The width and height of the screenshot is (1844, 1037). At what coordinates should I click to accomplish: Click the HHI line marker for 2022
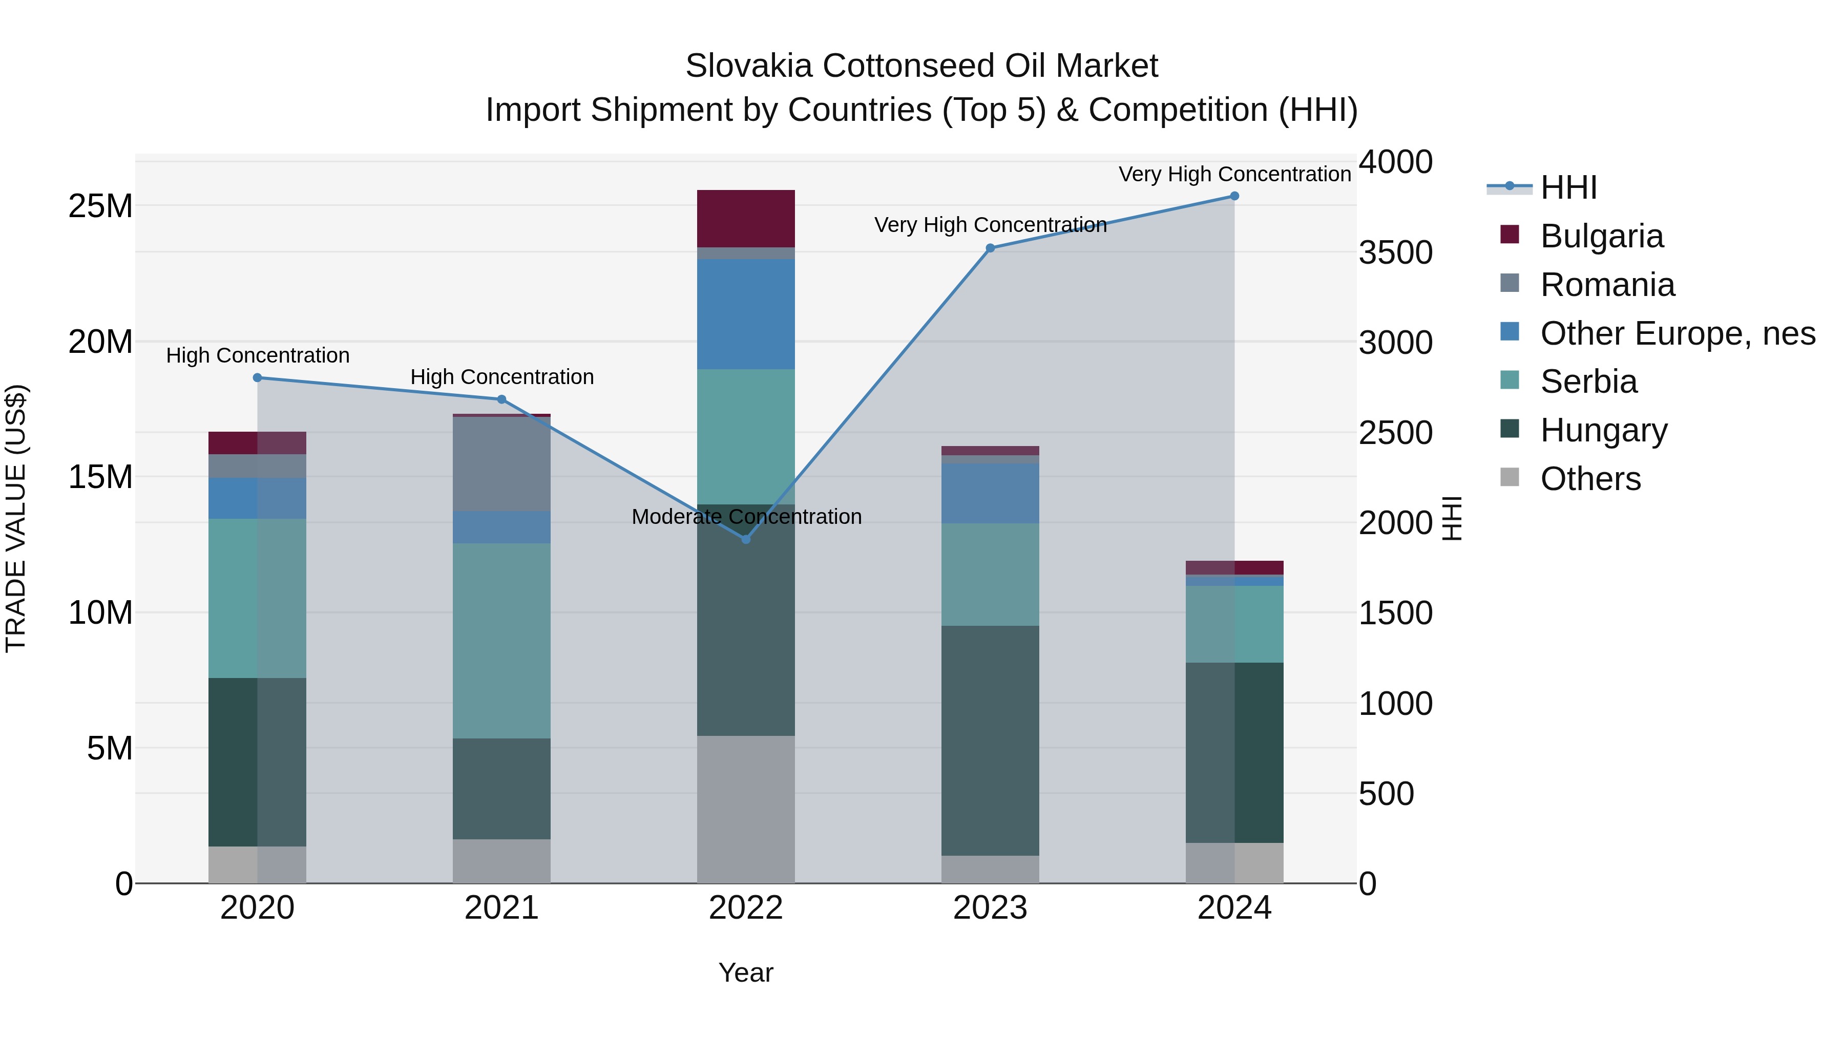click(x=746, y=539)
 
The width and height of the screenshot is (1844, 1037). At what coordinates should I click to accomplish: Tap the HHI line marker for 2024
click(x=1234, y=196)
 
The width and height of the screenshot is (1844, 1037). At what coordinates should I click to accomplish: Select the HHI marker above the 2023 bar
click(x=990, y=248)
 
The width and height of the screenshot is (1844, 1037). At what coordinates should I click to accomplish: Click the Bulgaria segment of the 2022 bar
click(x=746, y=218)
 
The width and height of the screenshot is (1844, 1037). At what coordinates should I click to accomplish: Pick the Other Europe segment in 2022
click(x=746, y=314)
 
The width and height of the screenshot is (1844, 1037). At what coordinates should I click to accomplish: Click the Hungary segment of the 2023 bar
click(x=990, y=740)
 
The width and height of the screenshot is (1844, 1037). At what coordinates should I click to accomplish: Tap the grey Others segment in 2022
click(x=746, y=809)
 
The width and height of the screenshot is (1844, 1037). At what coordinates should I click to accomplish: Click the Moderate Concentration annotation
click(x=746, y=517)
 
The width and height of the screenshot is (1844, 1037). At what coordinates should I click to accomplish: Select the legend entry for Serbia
click(x=1588, y=382)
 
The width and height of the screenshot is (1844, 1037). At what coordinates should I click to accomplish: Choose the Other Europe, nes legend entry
click(x=1677, y=333)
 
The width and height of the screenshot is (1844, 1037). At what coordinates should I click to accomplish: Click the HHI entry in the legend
click(x=1568, y=187)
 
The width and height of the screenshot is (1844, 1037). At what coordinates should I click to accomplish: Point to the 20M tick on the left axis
click(x=100, y=342)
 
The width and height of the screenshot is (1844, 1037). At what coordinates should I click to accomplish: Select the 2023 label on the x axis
click(x=990, y=908)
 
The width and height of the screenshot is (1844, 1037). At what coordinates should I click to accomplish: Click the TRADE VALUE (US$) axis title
click(x=16, y=518)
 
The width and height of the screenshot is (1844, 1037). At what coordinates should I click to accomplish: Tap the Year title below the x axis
click(x=746, y=972)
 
